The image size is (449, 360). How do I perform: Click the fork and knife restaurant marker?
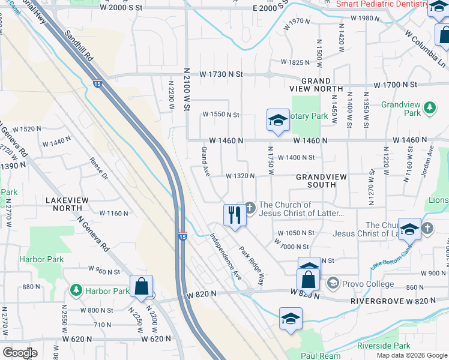click(235, 215)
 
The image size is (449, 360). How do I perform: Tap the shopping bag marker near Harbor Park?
click(141, 286)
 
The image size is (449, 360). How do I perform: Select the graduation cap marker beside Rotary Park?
click(278, 120)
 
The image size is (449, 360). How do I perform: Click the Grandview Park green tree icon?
click(429, 108)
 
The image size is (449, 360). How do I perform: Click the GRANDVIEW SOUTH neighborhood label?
click(324, 181)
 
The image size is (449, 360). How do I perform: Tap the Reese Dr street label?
click(99, 169)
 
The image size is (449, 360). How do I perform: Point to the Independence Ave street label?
click(226, 256)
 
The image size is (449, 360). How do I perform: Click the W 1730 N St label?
click(221, 74)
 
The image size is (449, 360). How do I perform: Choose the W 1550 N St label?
click(220, 114)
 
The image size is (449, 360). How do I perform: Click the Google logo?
click(20, 353)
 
